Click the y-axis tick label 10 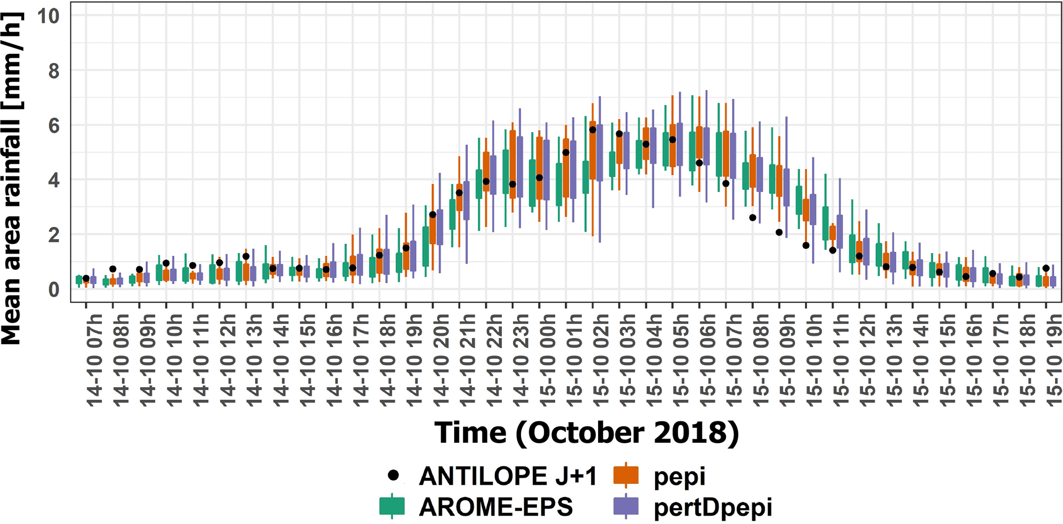click(x=48, y=16)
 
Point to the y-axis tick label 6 click(x=53, y=125)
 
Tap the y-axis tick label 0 click(x=53, y=290)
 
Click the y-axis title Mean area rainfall click(x=11, y=178)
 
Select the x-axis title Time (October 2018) click(x=586, y=432)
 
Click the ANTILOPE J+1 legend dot click(x=393, y=475)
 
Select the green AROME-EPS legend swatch click(x=392, y=506)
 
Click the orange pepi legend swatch click(x=626, y=475)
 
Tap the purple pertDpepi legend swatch click(x=626, y=506)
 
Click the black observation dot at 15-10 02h click(x=592, y=130)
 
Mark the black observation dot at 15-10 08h click(x=752, y=218)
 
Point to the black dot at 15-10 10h click(x=806, y=246)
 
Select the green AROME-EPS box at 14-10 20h click(x=426, y=246)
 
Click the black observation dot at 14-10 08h click(x=113, y=269)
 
